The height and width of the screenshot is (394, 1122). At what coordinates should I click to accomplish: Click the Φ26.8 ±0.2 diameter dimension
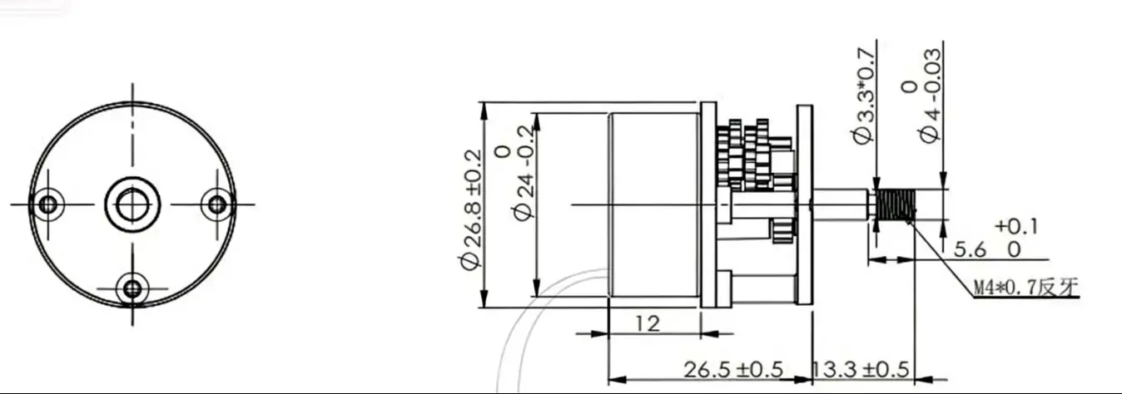[x=472, y=209]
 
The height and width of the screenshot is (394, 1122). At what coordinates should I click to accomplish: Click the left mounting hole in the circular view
[x=47, y=204]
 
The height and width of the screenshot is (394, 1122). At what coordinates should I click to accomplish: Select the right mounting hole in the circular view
[x=217, y=204]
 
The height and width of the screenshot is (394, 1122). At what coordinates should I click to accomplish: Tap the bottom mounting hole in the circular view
[x=132, y=289]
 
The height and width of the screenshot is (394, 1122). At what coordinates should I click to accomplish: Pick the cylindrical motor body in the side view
[x=654, y=204]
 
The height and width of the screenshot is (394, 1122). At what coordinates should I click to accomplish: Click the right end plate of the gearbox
[x=803, y=204]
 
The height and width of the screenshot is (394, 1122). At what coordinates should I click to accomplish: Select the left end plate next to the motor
[x=708, y=204]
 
